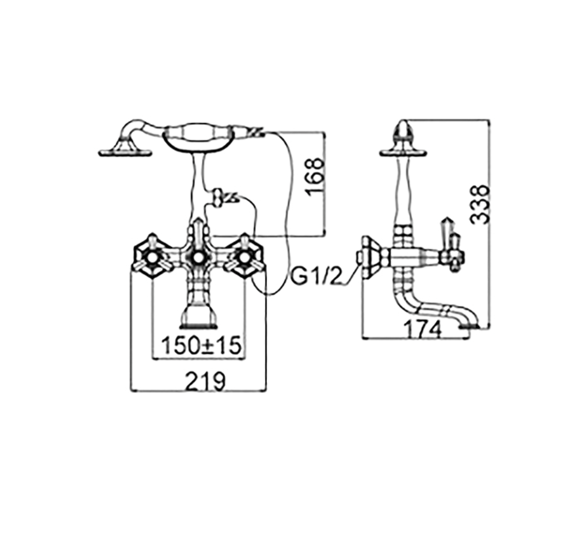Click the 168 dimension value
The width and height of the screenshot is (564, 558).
tap(316, 177)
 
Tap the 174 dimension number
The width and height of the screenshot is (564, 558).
tap(422, 330)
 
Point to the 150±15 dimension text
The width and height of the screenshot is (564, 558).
tap(201, 345)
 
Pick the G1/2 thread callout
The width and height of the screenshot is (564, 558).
tap(316, 277)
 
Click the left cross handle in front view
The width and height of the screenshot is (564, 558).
tap(152, 256)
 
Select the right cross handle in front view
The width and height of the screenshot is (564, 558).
tap(245, 256)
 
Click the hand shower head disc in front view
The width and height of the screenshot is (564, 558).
tap(125, 153)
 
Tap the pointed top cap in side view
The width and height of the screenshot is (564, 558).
tap(403, 131)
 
